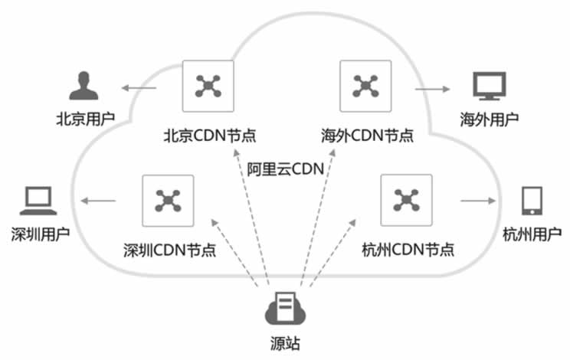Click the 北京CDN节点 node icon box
click(x=207, y=86)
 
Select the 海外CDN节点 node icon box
click(x=365, y=86)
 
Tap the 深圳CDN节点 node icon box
click(x=167, y=200)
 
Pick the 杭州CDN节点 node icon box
click(x=405, y=200)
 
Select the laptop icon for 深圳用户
click(x=36, y=201)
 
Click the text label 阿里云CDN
click(x=286, y=167)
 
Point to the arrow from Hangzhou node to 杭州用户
click(x=477, y=202)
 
